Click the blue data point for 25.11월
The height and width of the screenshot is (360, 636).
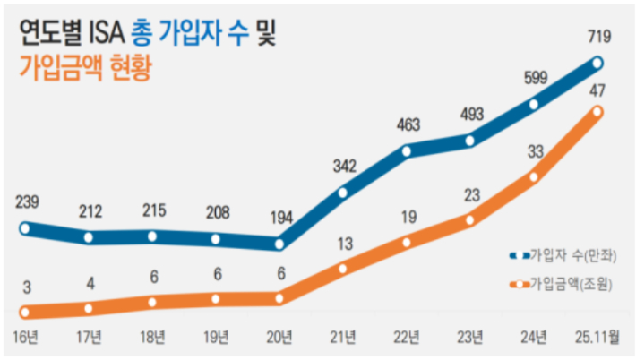[597, 63]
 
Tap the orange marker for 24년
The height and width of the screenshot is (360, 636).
[534, 176]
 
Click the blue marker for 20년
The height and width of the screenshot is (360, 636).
[279, 244]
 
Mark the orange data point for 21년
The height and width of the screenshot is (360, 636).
[343, 268]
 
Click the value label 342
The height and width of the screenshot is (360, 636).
[343, 166]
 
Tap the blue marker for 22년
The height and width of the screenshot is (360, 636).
[407, 151]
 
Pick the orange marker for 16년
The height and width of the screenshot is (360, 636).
[25, 313]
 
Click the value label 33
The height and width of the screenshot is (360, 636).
[534, 151]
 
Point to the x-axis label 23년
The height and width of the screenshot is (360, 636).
[470, 338]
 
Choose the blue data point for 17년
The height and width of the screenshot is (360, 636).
[89, 237]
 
